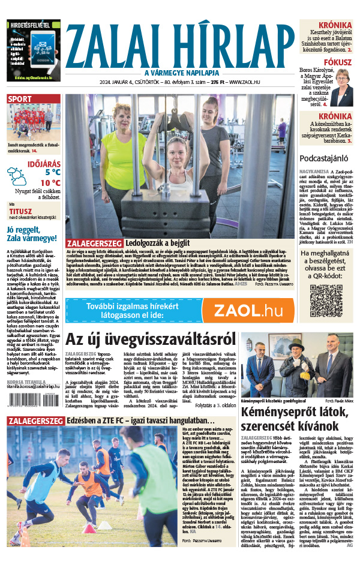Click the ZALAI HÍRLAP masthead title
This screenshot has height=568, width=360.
pyautogui.click(x=180, y=41)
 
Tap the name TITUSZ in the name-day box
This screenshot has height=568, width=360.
pyautogui.click(x=20, y=211)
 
